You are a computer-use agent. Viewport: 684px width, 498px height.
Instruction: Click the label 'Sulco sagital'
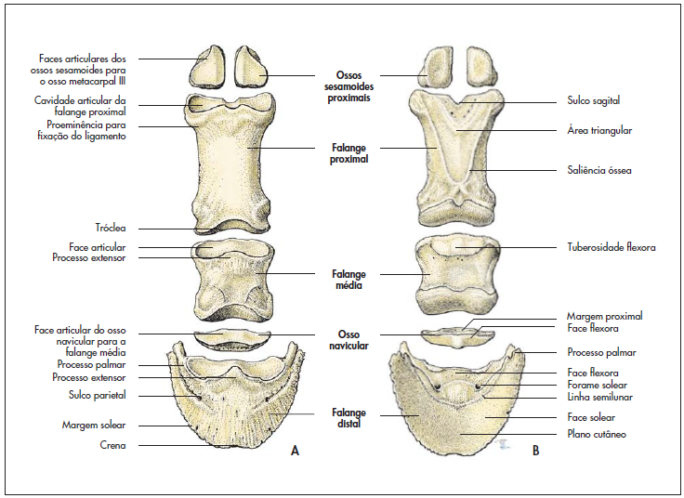pyautogui.click(x=593, y=100)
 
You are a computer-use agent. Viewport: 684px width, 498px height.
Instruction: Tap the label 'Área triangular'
pyautogui.click(x=599, y=131)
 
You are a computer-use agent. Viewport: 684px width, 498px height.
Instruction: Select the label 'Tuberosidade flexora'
pyautogui.click(x=612, y=248)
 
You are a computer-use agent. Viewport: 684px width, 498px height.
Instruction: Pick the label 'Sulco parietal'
pyautogui.click(x=108, y=396)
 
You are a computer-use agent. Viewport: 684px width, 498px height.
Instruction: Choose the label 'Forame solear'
pyautogui.click(x=597, y=385)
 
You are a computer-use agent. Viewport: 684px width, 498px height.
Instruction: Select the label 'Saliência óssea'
pyautogui.click(x=599, y=170)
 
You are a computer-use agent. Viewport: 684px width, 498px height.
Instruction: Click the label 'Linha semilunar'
pyautogui.click(x=599, y=398)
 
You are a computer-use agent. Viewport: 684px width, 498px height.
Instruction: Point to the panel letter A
pyautogui.click(x=295, y=451)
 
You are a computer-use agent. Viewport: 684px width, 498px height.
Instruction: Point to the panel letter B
pyautogui.click(x=535, y=451)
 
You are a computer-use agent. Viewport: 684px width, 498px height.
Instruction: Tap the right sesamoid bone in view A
pyautogui.click(x=252, y=67)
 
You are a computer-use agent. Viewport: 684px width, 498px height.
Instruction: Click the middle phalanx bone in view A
pyautogui.click(x=232, y=280)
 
